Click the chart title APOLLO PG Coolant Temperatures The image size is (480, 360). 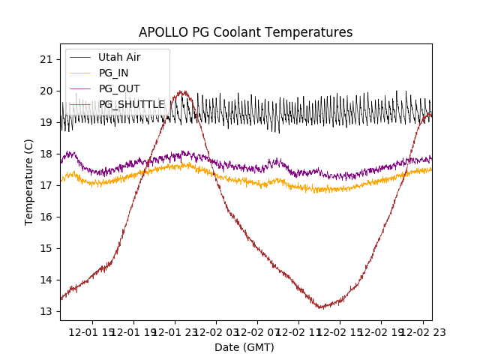(245, 32)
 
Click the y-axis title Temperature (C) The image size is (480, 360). (29, 181)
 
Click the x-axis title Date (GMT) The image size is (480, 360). (244, 347)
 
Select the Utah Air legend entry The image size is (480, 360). (119, 57)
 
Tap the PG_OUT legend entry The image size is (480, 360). (119, 88)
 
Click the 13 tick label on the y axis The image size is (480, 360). (46, 311)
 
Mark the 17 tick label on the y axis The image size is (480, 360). (46, 185)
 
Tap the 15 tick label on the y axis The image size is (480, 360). (46, 248)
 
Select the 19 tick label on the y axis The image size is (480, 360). (46, 122)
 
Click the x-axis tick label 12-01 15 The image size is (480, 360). (93, 332)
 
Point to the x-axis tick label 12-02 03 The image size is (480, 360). (216, 332)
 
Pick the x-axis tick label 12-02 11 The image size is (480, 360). (298, 332)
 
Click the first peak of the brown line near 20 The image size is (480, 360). (181, 92)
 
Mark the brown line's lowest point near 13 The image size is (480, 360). (321, 307)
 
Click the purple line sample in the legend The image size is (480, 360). (81, 88)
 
